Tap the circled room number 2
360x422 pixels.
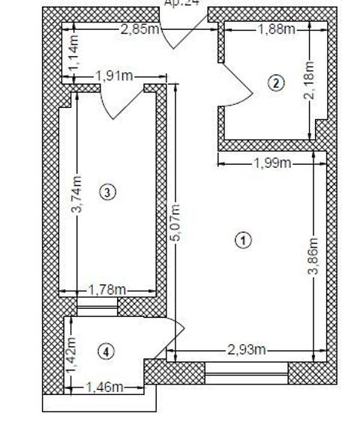point(277,82)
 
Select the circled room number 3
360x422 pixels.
point(109,193)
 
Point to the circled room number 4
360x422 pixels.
point(109,350)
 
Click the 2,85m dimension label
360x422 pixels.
point(139,29)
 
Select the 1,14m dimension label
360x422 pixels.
point(73,55)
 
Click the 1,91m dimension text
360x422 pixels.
point(114,75)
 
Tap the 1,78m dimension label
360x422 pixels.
point(106,289)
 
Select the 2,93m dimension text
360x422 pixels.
point(246,349)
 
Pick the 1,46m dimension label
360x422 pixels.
point(103,387)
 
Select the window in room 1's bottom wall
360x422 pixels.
point(246,373)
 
